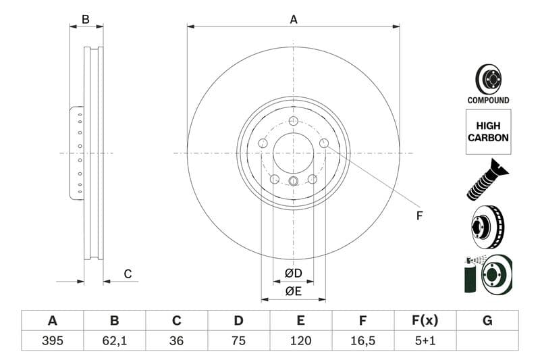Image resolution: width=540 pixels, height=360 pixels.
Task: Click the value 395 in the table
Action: tap(52, 340)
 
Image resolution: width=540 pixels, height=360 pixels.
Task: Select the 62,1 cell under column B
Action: tap(114, 340)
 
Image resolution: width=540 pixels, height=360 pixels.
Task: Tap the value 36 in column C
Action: tap(176, 340)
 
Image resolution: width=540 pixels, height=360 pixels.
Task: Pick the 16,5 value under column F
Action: tap(362, 340)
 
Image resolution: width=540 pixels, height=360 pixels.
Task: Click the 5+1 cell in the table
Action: tap(425, 340)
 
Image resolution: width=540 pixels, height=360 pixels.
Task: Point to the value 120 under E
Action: tap(300, 340)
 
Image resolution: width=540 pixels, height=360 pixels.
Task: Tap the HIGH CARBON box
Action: tap(488, 132)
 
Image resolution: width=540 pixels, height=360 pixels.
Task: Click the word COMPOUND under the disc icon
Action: tap(488, 101)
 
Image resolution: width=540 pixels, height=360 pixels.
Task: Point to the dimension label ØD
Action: tap(293, 274)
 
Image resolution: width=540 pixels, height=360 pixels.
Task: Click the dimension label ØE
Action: tap(293, 291)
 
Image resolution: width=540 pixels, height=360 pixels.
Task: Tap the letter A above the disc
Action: tap(294, 20)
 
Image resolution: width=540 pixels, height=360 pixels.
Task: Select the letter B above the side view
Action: tap(86, 20)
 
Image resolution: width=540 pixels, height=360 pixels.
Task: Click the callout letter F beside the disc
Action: tap(419, 216)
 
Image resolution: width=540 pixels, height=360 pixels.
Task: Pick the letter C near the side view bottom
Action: tap(128, 274)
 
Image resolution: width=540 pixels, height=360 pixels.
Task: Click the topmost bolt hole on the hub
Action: tap(293, 121)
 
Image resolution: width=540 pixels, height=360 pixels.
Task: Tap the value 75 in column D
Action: tap(238, 340)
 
